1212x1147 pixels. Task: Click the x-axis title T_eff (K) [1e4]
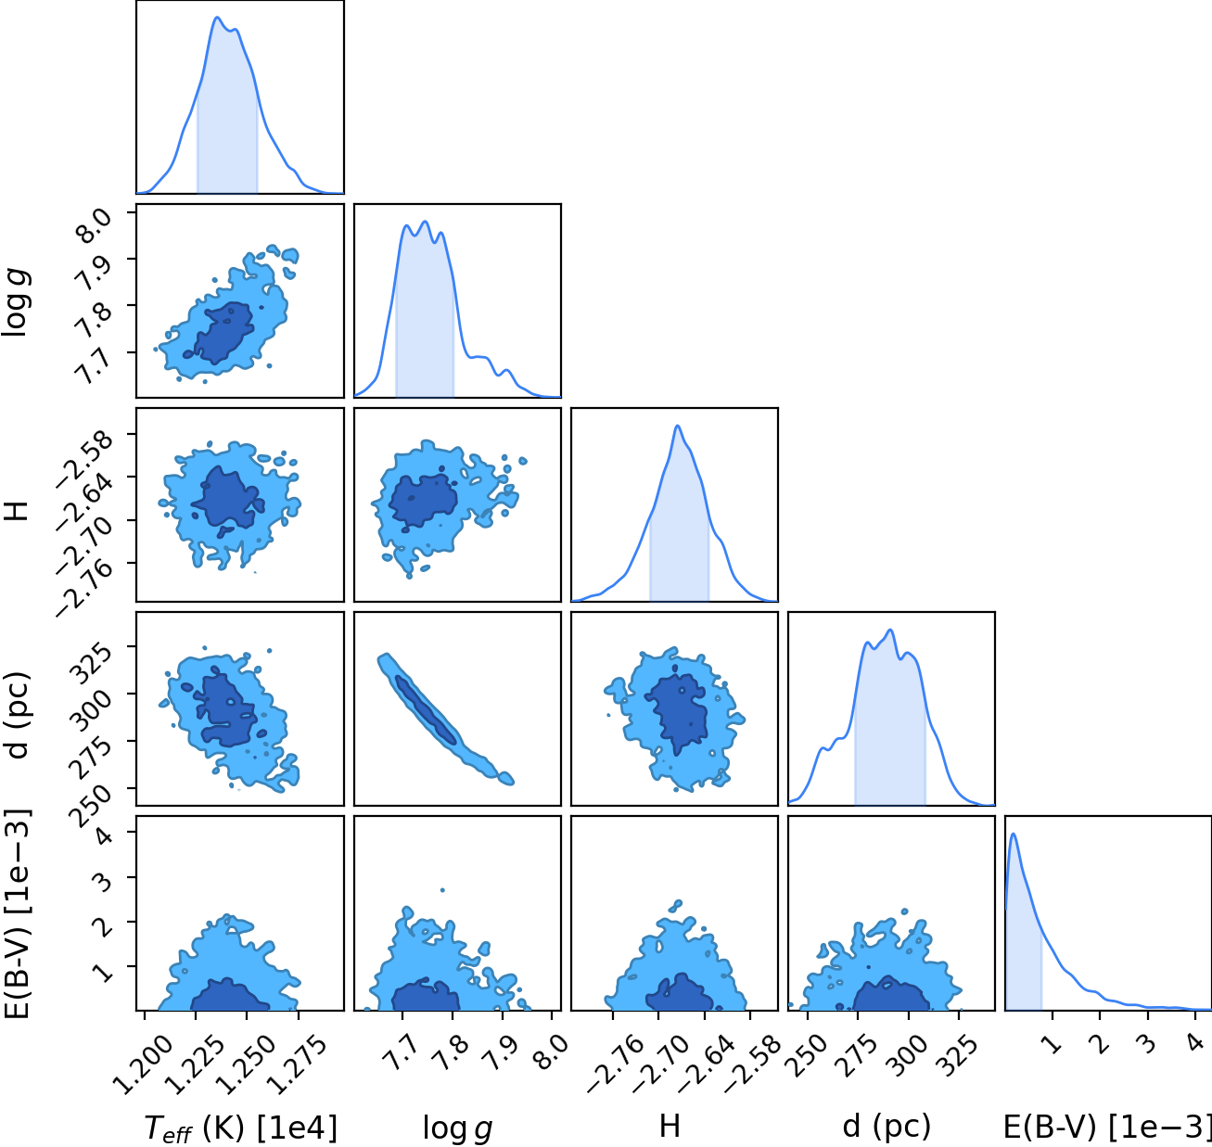point(241,1128)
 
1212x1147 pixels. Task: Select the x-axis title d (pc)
point(887,1126)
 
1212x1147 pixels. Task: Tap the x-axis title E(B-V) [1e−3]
point(1106,1127)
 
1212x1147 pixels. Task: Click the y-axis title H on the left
point(17,511)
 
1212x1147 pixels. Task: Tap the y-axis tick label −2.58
point(84,459)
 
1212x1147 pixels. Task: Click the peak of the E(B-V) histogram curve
point(1013,834)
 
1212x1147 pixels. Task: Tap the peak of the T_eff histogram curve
point(217,18)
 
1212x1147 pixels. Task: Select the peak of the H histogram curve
point(678,426)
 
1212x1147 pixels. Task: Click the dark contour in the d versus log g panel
point(426,709)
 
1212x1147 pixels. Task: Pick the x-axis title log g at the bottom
point(457,1128)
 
